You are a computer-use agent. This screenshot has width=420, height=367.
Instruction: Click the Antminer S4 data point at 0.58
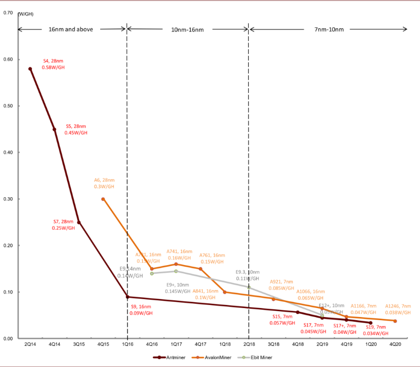tap(30, 69)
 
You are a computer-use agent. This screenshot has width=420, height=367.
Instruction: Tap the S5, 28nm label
tap(76, 126)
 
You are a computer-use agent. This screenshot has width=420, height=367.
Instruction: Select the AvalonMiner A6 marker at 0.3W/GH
tap(103, 199)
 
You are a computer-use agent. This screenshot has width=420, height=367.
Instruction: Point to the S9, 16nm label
tap(141, 307)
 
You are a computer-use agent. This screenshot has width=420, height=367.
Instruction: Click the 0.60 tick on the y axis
tap(8, 59)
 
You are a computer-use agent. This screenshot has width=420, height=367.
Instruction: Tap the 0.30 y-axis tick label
tap(8, 199)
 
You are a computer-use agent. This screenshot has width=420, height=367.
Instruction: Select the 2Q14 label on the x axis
tap(30, 344)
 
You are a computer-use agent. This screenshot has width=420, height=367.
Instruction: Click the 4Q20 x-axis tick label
tap(395, 344)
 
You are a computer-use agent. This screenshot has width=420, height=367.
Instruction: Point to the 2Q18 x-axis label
tap(248, 344)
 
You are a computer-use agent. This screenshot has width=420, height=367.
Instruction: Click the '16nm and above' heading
tap(70, 29)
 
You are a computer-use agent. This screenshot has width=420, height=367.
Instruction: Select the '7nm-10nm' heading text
tap(330, 29)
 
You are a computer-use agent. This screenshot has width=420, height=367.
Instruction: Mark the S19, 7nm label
tap(375, 327)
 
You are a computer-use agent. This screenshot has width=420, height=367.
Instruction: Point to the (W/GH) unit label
tap(26, 14)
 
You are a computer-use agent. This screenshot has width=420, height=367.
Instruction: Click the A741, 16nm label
tap(180, 251)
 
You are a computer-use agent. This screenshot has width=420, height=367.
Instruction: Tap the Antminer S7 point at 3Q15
tap(79, 222)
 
